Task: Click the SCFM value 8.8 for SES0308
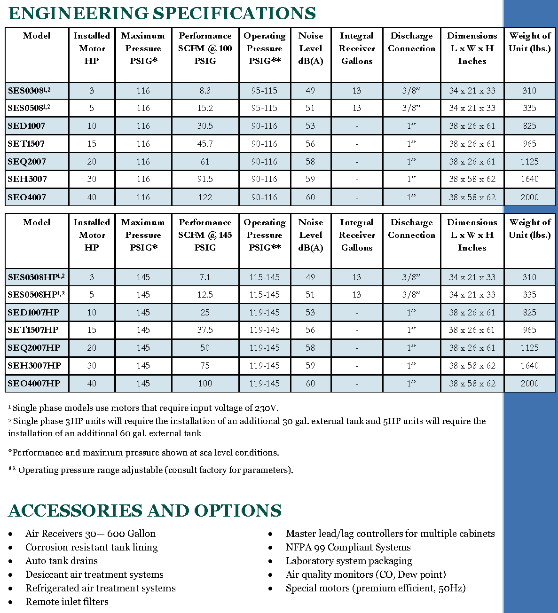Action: click(x=205, y=91)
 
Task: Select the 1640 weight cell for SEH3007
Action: click(x=529, y=179)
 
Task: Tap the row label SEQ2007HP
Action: click(x=34, y=348)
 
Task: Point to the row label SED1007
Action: click(x=26, y=126)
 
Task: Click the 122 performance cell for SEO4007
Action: click(x=205, y=197)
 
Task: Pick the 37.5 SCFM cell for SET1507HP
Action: click(x=205, y=330)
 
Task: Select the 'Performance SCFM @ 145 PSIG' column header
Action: click(x=205, y=235)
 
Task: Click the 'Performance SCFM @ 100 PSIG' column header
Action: click(x=205, y=48)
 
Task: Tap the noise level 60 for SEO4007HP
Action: click(x=310, y=384)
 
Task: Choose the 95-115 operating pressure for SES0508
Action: click(x=264, y=108)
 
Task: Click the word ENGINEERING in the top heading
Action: click(x=78, y=13)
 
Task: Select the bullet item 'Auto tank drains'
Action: click(x=62, y=561)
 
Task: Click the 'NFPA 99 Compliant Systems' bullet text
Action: click(x=348, y=547)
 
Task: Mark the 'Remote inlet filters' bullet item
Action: click(x=67, y=602)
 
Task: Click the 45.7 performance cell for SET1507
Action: click(x=205, y=144)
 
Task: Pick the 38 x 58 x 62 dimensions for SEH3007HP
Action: click(x=472, y=366)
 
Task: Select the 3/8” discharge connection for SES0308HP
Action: click(x=411, y=277)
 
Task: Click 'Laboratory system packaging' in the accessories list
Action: click(x=349, y=561)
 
